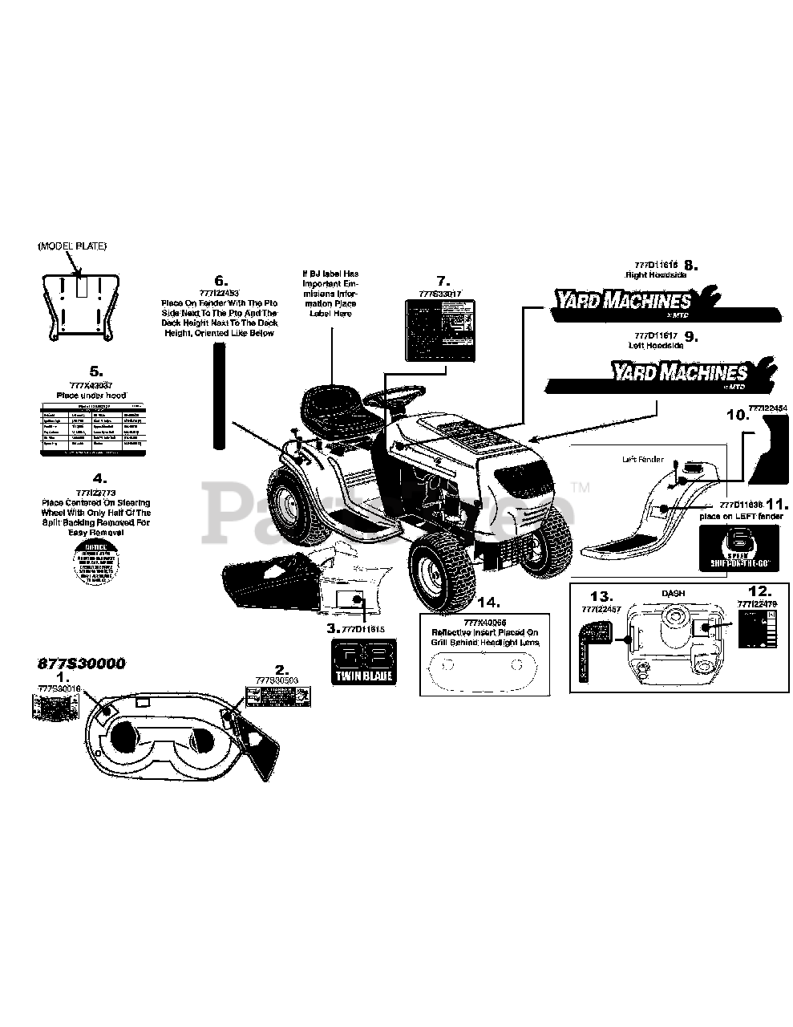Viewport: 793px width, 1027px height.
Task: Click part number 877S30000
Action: (x=81, y=664)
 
